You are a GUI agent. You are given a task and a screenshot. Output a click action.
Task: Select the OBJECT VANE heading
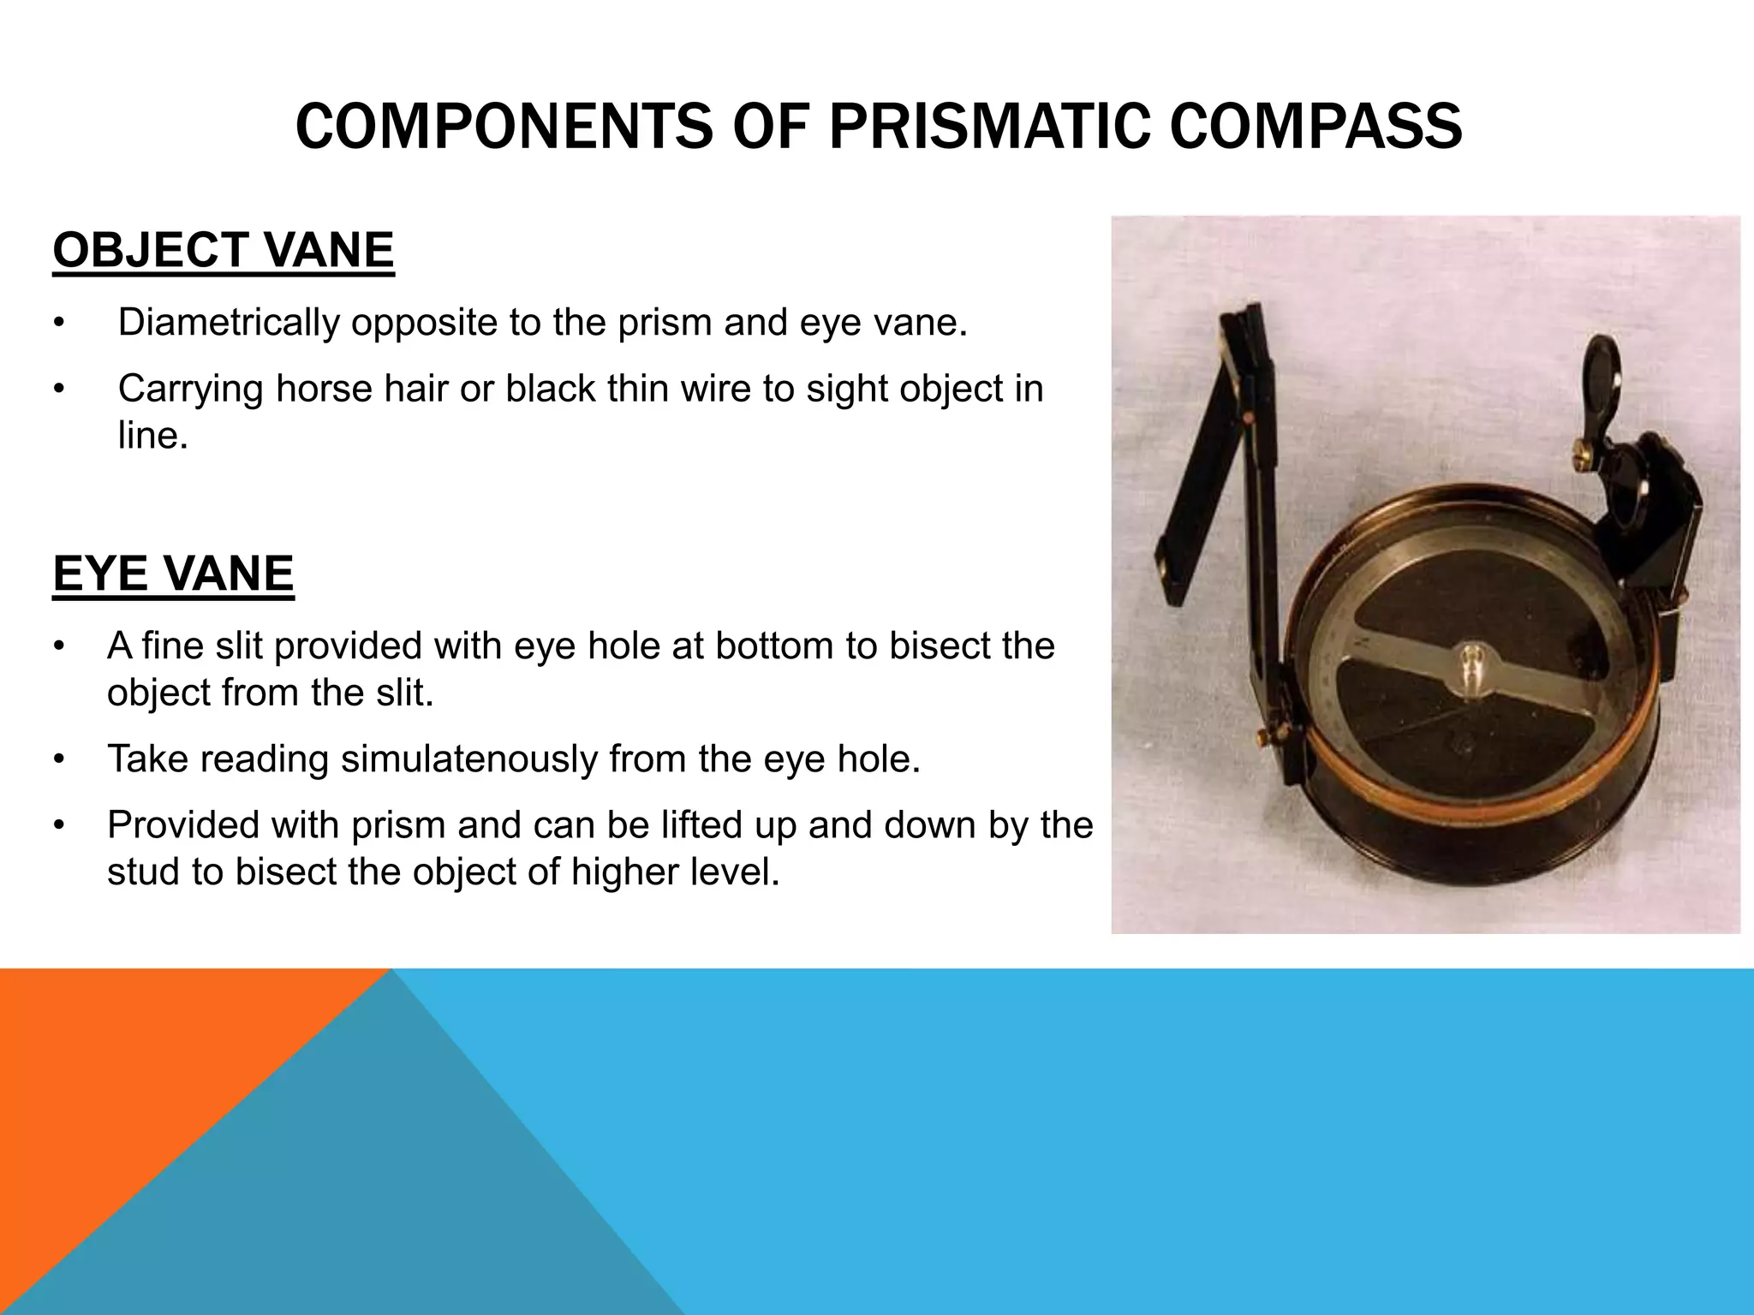click(223, 251)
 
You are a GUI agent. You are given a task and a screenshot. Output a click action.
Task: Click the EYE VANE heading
click(173, 574)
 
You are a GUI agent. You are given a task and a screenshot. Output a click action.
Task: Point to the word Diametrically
click(229, 323)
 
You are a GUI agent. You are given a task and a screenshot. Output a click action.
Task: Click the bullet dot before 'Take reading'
click(58, 760)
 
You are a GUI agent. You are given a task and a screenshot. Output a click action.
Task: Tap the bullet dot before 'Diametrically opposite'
click(58, 324)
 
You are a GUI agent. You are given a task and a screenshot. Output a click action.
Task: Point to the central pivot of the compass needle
click(1471, 664)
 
